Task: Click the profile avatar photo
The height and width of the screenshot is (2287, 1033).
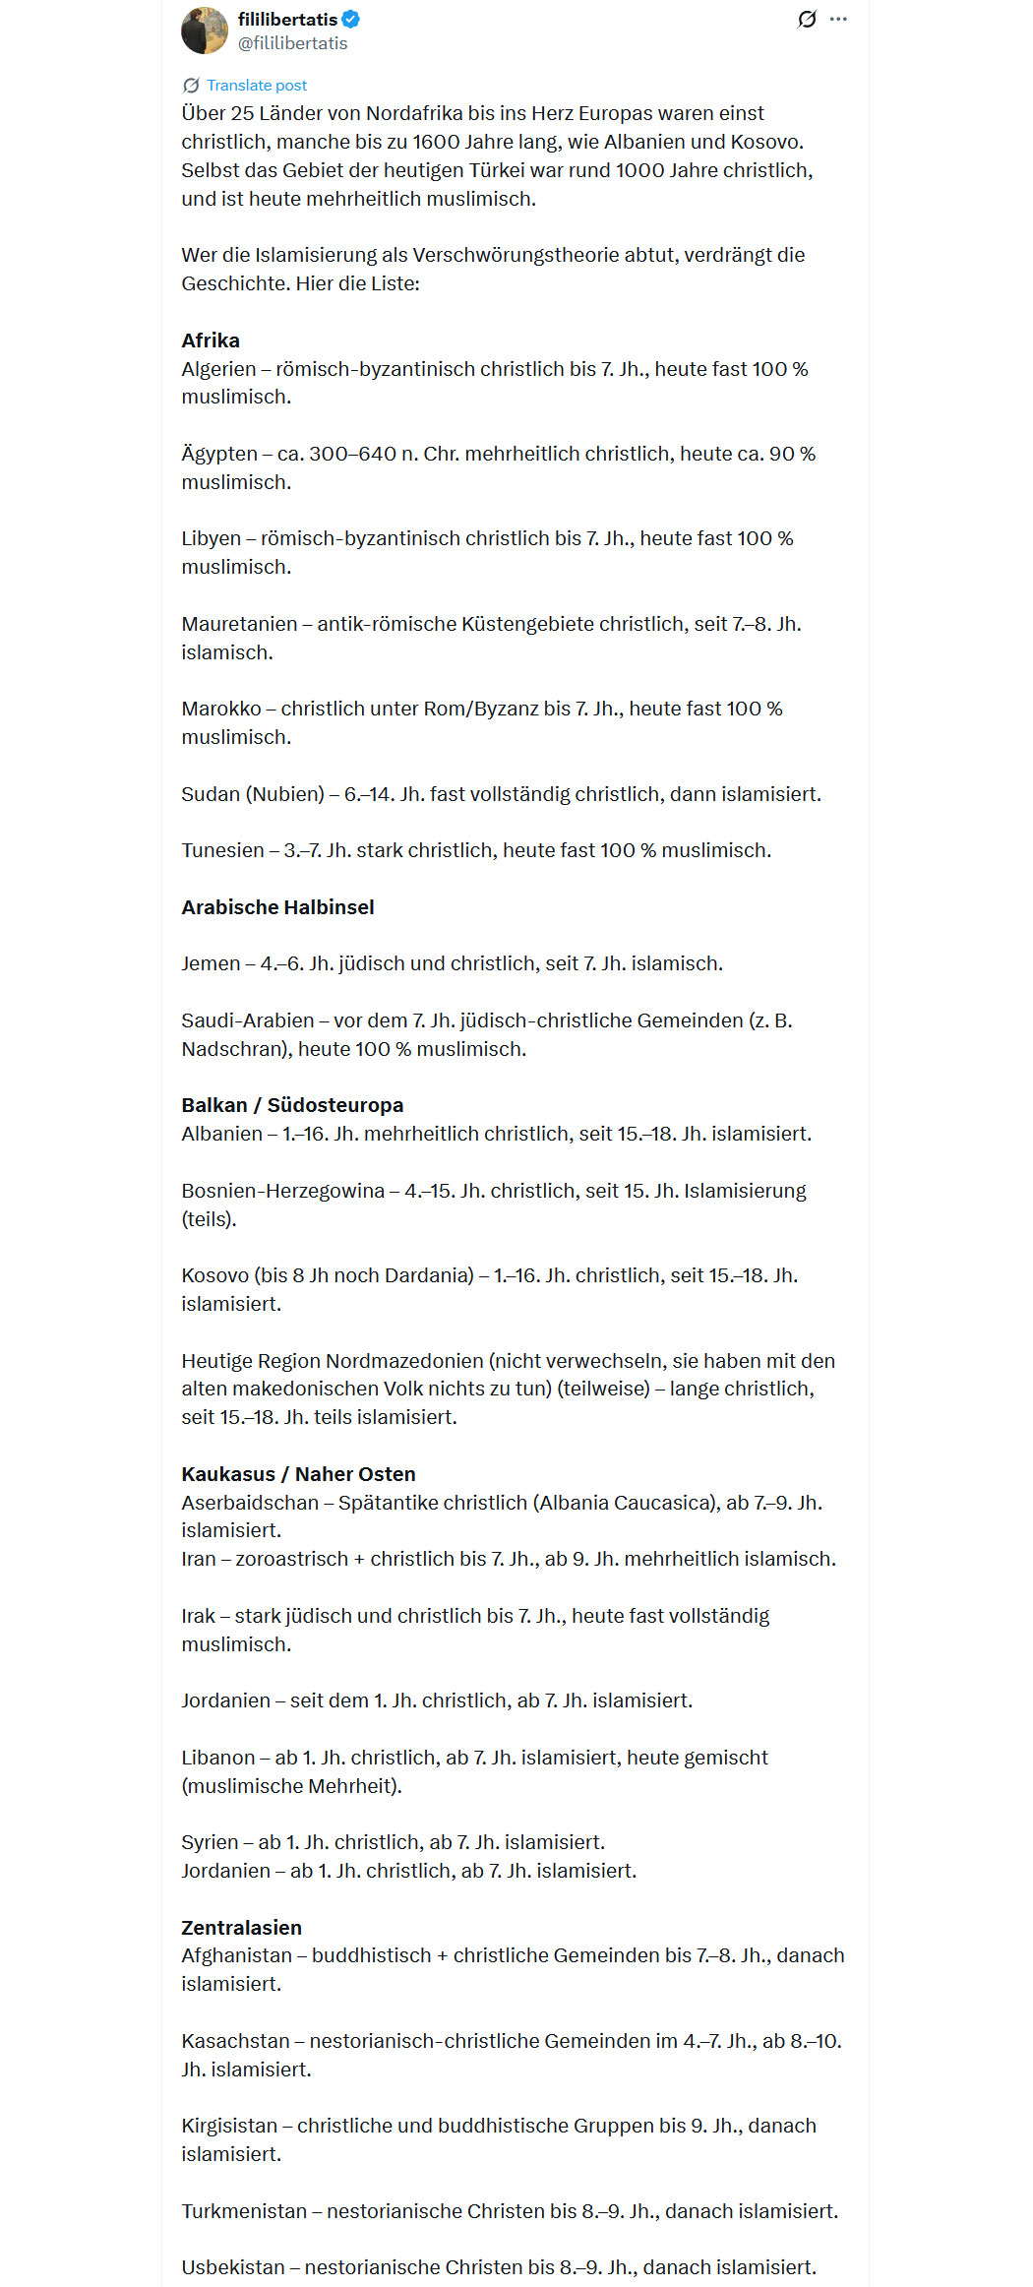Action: coord(205,31)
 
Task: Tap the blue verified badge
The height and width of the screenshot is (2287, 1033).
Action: coord(351,19)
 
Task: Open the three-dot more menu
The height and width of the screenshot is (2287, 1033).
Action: coord(838,19)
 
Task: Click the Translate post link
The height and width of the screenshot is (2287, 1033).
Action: coord(256,86)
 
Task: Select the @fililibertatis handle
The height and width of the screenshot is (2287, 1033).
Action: coord(292,43)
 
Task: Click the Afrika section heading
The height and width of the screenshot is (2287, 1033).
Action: coord(211,340)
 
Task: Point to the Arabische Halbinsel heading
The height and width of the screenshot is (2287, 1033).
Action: coord(277,907)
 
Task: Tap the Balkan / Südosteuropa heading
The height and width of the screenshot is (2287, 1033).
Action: coord(292,1105)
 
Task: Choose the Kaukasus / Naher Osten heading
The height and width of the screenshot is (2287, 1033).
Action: coord(298,1474)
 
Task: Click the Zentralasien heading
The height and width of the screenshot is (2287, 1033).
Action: coord(241,1928)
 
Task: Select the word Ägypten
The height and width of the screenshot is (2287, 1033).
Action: coord(219,454)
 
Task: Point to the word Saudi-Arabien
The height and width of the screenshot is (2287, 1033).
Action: coord(247,1020)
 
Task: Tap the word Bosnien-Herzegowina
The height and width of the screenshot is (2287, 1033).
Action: coord(282,1191)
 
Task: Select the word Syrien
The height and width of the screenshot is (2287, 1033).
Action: coord(210,1842)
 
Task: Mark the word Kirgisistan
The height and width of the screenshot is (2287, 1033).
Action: coord(229,2126)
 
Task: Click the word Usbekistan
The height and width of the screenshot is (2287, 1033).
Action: coord(232,2267)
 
